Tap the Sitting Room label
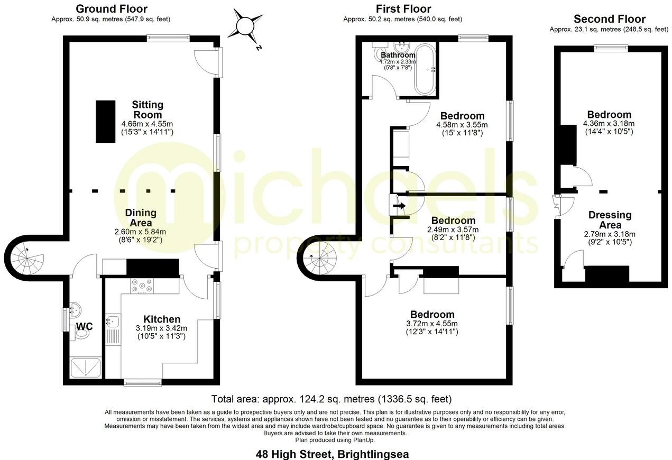(148, 109)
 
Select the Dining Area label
(141, 217)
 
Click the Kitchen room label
(162, 319)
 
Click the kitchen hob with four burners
(142, 286)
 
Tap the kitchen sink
(113, 321)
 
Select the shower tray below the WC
(85, 367)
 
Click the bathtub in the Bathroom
(425, 70)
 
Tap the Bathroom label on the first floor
(398, 55)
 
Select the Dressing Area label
(610, 220)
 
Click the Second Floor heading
(609, 20)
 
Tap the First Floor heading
(403, 9)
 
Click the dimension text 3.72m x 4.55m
(431, 324)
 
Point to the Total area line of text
(332, 399)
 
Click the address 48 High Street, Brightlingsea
(332, 454)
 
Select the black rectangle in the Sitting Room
(106, 121)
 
